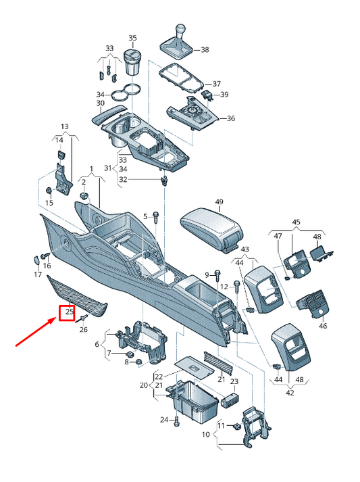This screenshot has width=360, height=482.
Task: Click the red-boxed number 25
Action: click(x=70, y=312)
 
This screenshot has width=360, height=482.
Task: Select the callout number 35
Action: click(x=132, y=38)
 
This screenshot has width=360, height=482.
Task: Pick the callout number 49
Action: click(x=219, y=202)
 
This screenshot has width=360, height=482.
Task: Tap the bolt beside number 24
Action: click(x=176, y=421)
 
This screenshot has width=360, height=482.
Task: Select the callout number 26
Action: click(x=84, y=329)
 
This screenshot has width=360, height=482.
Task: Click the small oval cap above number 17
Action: click(x=36, y=260)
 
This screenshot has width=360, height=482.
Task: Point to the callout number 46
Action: click(x=323, y=326)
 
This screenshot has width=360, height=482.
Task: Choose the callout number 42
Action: click(x=290, y=393)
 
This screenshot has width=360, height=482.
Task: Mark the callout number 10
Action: click(x=206, y=435)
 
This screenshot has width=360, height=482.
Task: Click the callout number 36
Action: click(x=231, y=118)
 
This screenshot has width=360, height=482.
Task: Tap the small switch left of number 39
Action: click(x=207, y=94)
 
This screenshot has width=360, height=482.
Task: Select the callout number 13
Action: click(x=65, y=126)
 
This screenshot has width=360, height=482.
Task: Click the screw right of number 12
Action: click(x=237, y=287)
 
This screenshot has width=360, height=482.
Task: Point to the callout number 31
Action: click(x=108, y=168)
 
